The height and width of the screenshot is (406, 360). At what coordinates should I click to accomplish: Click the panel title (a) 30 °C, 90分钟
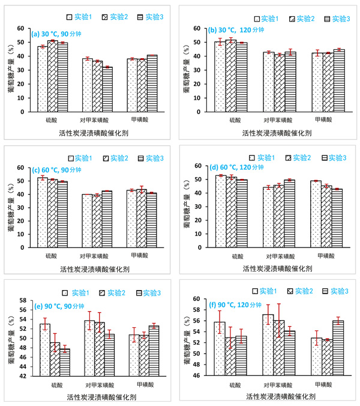[60, 34]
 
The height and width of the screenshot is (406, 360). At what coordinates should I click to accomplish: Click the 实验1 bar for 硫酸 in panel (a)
[43, 79]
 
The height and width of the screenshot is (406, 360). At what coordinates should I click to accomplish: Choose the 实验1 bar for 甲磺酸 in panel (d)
[317, 214]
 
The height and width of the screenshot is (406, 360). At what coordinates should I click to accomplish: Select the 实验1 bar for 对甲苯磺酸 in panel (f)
[268, 345]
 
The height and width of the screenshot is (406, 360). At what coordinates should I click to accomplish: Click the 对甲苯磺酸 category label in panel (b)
[278, 120]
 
